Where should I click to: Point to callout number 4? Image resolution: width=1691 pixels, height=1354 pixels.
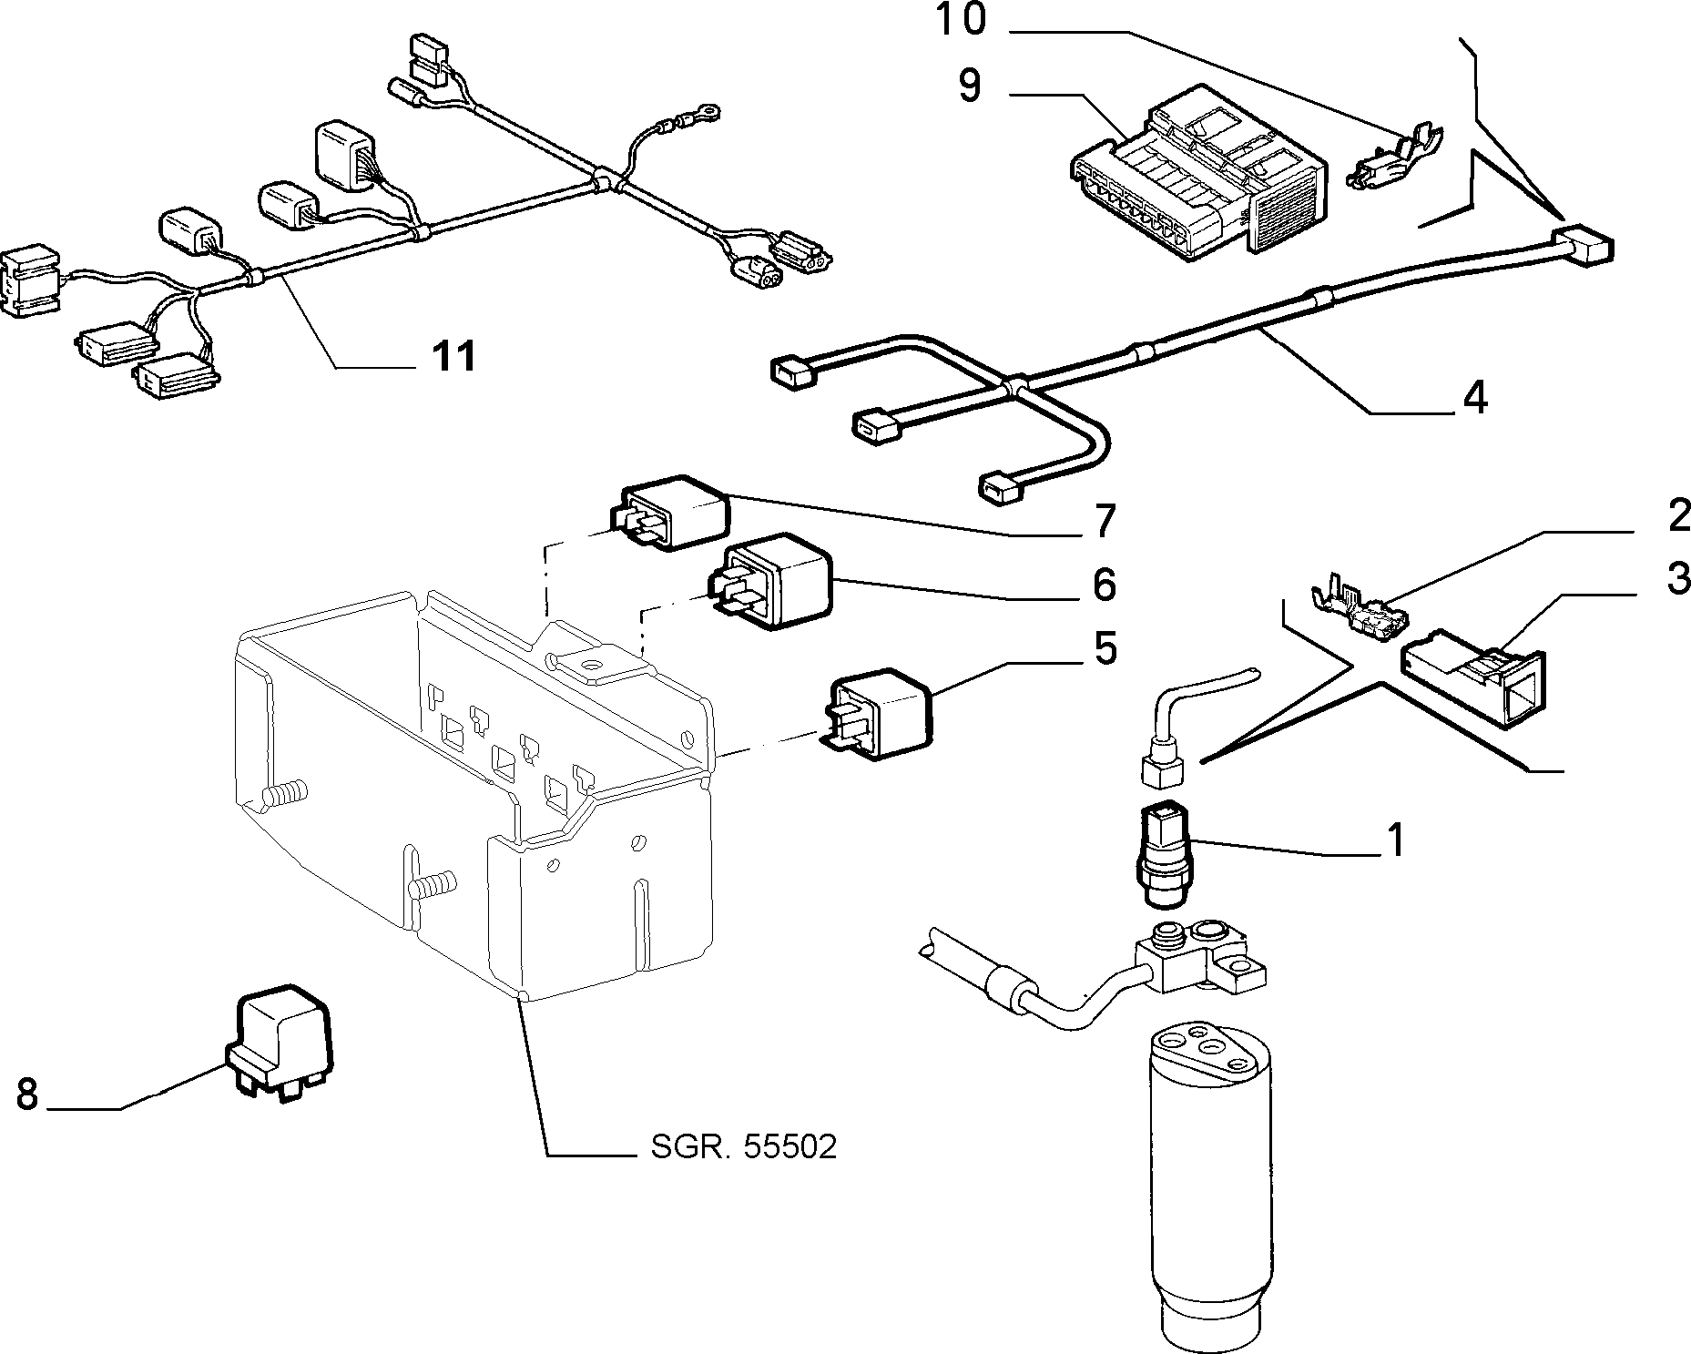(x=1474, y=397)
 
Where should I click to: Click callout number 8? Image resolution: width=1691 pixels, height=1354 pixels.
(x=27, y=1094)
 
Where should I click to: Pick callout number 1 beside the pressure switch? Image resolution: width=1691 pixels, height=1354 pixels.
(x=1393, y=840)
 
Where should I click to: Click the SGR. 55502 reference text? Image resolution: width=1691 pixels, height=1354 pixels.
(x=743, y=1147)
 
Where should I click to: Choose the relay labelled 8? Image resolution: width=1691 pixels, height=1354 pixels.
(x=280, y=1041)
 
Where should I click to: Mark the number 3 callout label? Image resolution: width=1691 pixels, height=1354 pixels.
(x=1678, y=578)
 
